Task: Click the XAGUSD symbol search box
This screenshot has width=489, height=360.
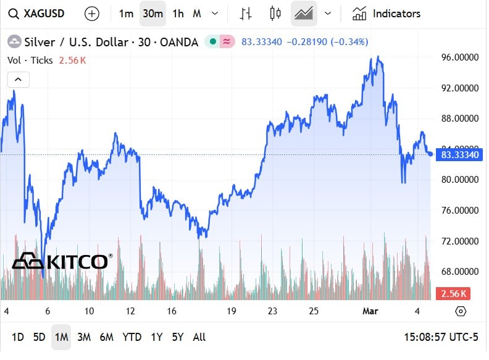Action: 36,13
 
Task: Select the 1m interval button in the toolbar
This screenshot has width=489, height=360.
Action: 126,13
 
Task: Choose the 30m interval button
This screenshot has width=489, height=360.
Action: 153,13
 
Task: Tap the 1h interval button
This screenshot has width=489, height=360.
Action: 178,13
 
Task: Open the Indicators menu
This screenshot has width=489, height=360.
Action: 387,13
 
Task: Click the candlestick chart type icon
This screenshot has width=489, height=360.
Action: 275,13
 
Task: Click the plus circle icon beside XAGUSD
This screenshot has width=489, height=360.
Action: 91,13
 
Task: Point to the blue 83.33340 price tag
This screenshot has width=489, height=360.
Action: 460,154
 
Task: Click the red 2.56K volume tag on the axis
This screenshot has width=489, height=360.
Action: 452,293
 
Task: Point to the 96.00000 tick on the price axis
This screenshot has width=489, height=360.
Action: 459,57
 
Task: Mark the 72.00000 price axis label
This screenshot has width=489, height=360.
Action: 459,241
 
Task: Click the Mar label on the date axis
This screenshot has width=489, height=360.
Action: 369,311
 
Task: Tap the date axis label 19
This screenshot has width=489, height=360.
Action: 231,311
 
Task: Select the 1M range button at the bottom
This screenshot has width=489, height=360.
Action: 61,337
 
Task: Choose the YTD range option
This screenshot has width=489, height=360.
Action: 132,337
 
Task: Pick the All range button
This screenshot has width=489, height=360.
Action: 199,337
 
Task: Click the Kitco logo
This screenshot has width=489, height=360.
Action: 62,261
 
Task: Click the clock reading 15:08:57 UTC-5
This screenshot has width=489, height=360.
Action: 440,337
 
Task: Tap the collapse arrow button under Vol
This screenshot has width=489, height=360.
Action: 19,79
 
